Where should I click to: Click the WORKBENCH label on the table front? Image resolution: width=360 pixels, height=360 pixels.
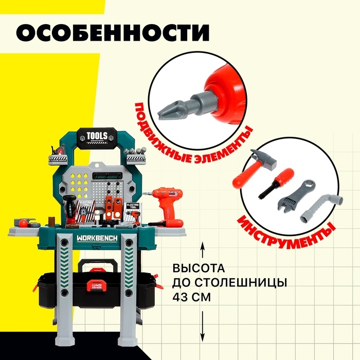(x=98, y=239)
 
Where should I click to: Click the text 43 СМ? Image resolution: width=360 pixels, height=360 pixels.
(x=190, y=297)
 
